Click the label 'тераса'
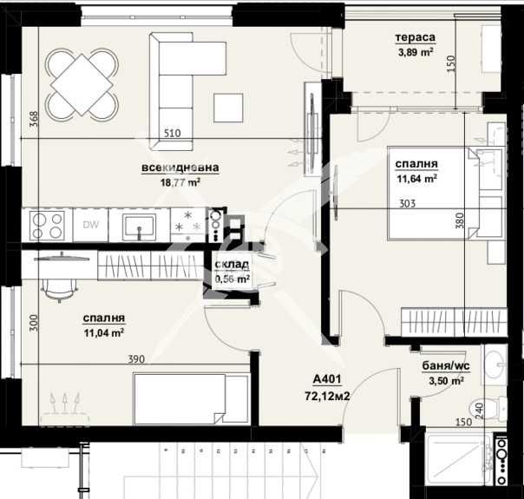coord(415,37)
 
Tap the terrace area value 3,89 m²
coord(415,51)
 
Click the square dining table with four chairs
coord(82,83)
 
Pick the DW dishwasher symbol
coord(90,226)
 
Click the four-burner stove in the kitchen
coord(46,226)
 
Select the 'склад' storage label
coord(233,266)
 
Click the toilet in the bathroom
coord(496,407)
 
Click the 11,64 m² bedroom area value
coord(416,180)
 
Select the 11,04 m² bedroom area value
coord(103,332)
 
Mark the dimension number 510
coord(174,134)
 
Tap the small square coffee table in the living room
coord(230,107)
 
